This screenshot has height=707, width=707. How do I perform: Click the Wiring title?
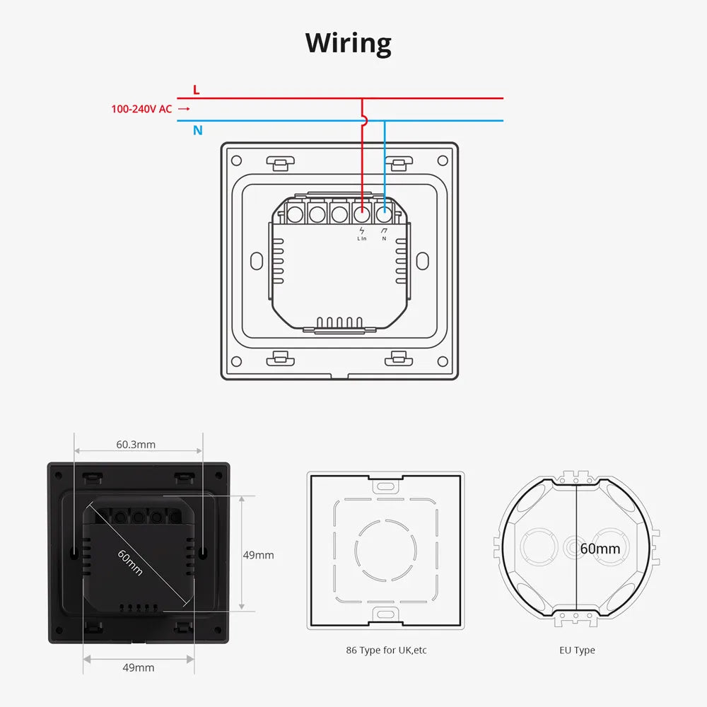(349, 43)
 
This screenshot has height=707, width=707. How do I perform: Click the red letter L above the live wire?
(197, 90)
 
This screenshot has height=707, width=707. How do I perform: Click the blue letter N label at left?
(198, 130)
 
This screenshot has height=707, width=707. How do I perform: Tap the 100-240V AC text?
(141, 109)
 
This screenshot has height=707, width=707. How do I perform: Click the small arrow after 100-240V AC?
(184, 109)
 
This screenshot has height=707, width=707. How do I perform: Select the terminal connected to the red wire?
(362, 211)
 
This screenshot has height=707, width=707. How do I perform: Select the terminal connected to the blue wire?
(385, 211)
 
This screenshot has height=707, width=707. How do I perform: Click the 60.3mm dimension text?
(136, 445)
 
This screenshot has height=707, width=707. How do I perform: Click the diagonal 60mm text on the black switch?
(131, 562)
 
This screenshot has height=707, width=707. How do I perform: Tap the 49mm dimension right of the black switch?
(258, 555)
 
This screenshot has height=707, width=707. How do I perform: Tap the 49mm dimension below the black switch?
(139, 667)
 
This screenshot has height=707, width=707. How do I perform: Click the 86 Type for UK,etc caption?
(386, 650)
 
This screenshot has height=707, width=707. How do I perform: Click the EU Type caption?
(577, 650)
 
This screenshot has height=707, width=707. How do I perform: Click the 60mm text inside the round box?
(600, 549)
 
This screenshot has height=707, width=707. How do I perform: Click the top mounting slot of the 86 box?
(386, 487)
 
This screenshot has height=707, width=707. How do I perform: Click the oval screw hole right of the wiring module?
(422, 260)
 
